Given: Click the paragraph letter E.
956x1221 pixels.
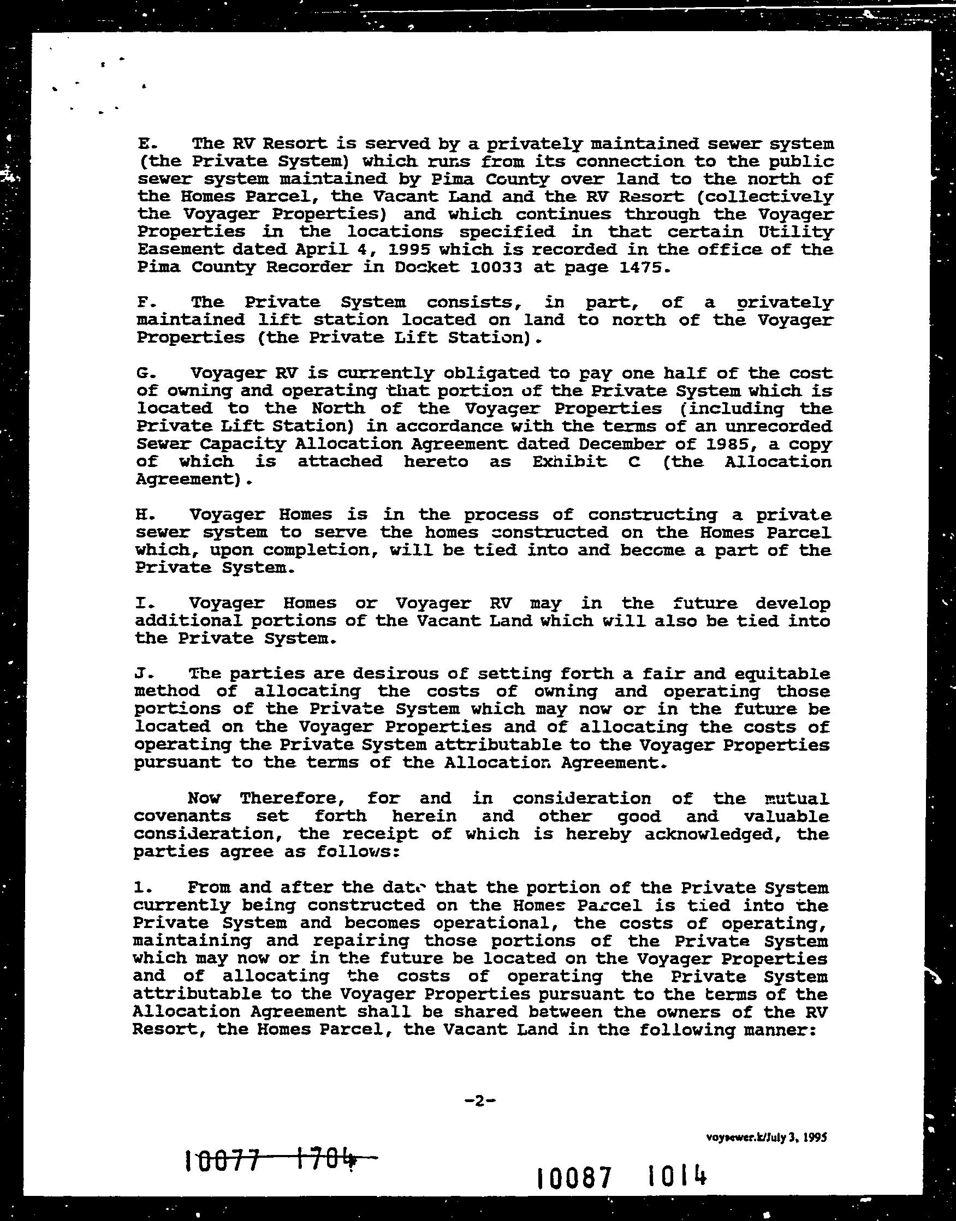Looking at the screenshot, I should click(143, 143).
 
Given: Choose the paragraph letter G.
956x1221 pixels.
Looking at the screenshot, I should click(143, 373).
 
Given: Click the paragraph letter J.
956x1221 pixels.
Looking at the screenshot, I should click(141, 674).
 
